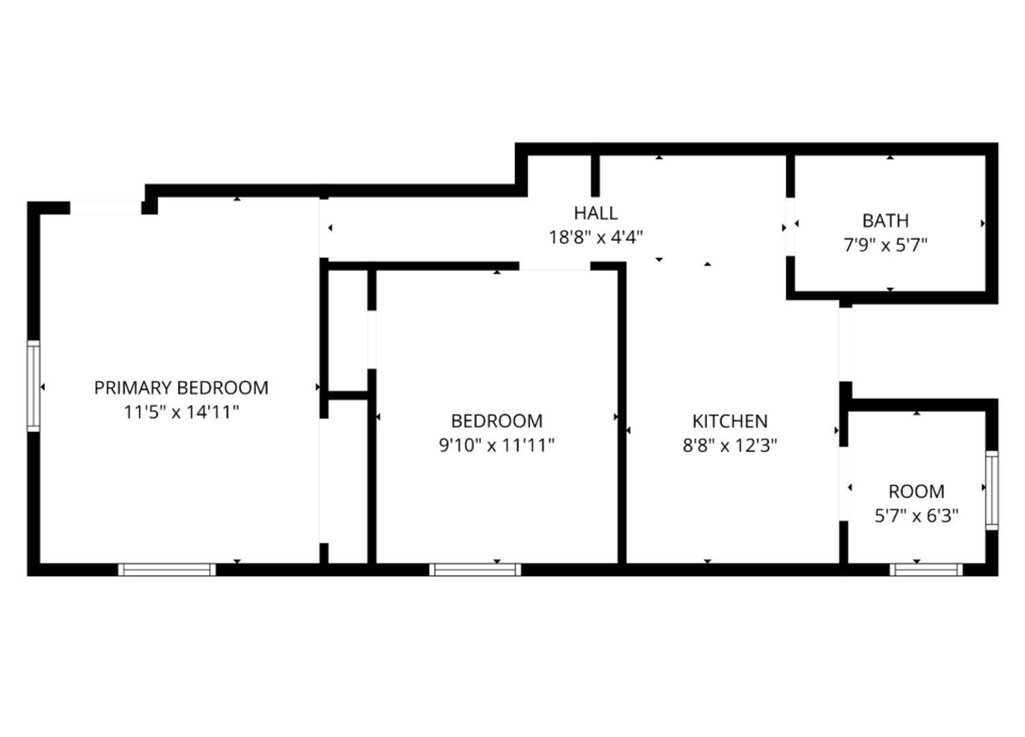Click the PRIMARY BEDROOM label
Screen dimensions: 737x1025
pyautogui.click(x=181, y=388)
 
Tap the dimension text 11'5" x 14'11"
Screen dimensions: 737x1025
pyautogui.click(x=181, y=412)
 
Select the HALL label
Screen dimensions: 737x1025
pyautogui.click(x=595, y=213)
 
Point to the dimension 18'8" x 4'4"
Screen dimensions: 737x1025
pyautogui.click(x=595, y=237)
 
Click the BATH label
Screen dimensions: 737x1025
pyautogui.click(x=885, y=220)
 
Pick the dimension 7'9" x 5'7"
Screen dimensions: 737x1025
pyautogui.click(x=885, y=245)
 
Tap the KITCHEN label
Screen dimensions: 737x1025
pyautogui.click(x=730, y=420)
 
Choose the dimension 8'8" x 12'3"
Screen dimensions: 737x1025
pyautogui.click(x=730, y=446)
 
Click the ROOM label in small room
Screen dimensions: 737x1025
pyautogui.click(x=916, y=491)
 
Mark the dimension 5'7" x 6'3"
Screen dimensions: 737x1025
pyautogui.click(x=916, y=516)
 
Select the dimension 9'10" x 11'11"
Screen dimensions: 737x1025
pyautogui.click(x=496, y=446)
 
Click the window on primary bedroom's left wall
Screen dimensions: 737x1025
pyautogui.click(x=33, y=386)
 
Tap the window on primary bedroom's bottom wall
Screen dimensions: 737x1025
pyautogui.click(x=167, y=570)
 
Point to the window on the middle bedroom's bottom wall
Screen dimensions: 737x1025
pyautogui.click(x=475, y=570)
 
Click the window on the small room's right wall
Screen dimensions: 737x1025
pyautogui.click(x=992, y=490)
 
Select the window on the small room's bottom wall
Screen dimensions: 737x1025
pyautogui.click(x=926, y=570)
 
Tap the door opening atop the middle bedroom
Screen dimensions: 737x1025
pyautogui.click(x=554, y=266)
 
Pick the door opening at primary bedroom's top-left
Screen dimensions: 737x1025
pyautogui.click(x=106, y=207)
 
